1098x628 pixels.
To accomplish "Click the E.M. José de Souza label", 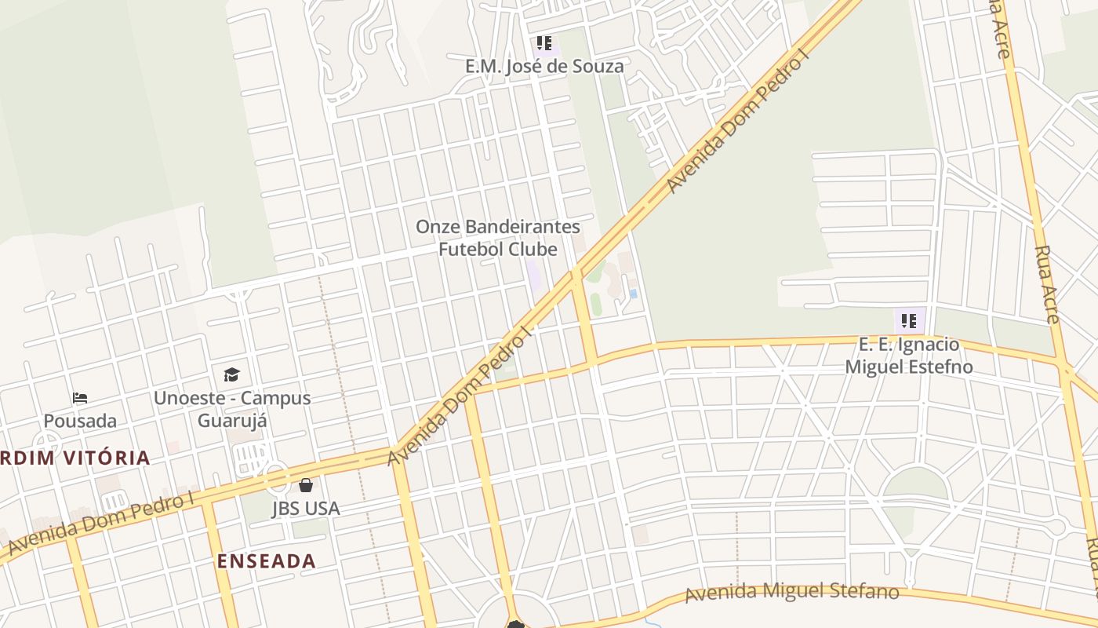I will click(x=544, y=66).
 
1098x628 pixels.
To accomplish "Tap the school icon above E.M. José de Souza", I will click(x=544, y=42).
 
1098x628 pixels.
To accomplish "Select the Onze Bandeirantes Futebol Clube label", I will click(x=498, y=238).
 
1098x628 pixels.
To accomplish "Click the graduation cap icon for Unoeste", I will click(x=231, y=374).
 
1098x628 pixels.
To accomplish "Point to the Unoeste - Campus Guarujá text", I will click(x=232, y=409).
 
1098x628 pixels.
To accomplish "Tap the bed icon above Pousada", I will click(x=80, y=398).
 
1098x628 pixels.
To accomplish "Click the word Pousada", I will click(x=80, y=421).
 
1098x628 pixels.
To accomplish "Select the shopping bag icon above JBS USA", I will click(x=306, y=485).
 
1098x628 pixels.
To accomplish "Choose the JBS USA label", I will click(x=306, y=509).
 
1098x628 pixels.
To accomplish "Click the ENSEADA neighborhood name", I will click(x=267, y=561).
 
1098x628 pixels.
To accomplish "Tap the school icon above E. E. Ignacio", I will click(x=909, y=320).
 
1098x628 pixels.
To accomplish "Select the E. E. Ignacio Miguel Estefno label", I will click(x=909, y=356).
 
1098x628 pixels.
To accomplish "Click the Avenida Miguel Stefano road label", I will click(x=792, y=591).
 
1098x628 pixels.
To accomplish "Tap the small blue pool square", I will click(x=633, y=294).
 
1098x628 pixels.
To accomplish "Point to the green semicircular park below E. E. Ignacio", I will click(x=915, y=484).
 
